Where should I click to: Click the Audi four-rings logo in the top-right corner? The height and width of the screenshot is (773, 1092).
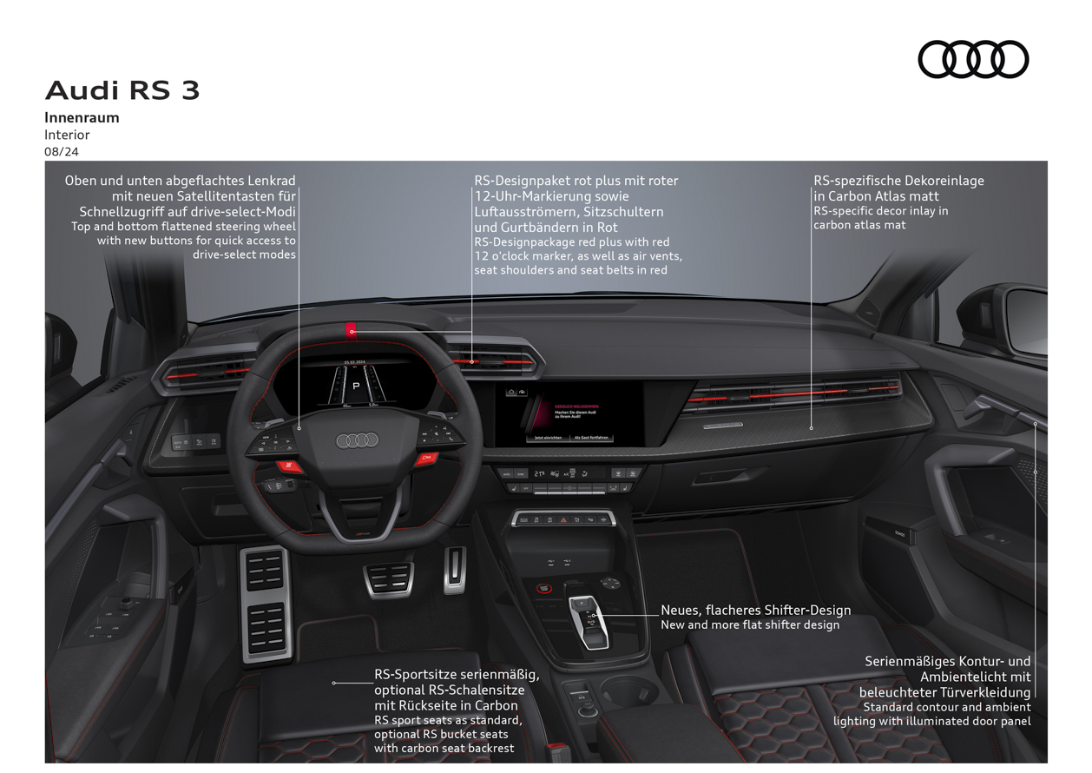point(973,60)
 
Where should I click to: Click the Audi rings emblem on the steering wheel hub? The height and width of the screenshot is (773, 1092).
point(358,440)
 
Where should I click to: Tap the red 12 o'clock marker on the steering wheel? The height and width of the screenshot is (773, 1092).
point(351,329)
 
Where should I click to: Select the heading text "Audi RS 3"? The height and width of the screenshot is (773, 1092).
point(122,90)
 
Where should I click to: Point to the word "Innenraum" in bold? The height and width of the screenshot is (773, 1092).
point(82,117)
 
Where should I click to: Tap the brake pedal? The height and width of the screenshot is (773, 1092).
point(388,580)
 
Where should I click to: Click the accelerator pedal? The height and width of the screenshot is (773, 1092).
point(455,569)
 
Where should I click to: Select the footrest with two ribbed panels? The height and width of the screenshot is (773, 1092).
point(265,604)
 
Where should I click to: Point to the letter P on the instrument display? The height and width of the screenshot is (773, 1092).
point(355,385)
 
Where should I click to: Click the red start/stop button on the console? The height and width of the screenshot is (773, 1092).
point(544,588)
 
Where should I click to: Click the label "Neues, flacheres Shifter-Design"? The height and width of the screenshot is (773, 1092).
point(755,611)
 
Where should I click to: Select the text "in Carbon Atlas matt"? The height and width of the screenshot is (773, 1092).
point(876,196)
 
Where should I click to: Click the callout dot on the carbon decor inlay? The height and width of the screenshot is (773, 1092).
point(812,427)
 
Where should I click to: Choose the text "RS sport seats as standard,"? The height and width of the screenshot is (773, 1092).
point(448,720)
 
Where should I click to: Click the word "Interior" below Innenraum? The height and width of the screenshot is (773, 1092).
point(67,135)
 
